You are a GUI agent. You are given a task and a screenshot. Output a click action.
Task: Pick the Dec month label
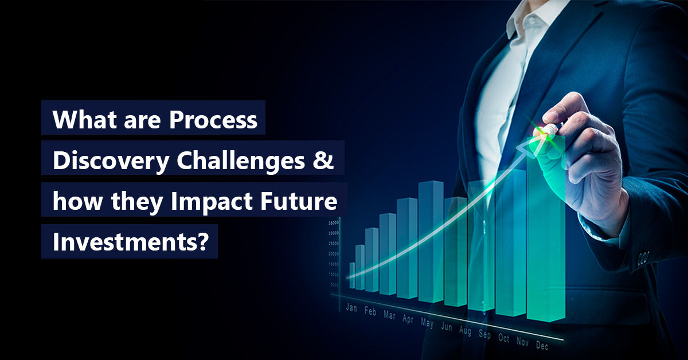point(542,346)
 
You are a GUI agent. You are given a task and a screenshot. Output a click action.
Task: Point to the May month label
point(427,323)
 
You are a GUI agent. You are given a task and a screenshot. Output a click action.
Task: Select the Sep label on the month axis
point(484,335)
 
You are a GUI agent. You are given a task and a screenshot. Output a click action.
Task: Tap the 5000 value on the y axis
point(334,285)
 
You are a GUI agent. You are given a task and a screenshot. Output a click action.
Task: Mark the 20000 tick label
point(333,254)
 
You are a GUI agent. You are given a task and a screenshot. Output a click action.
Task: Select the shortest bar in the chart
point(352,275)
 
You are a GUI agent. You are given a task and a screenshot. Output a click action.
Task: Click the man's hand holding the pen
point(579,143)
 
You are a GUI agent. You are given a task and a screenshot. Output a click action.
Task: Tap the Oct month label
point(503,338)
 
